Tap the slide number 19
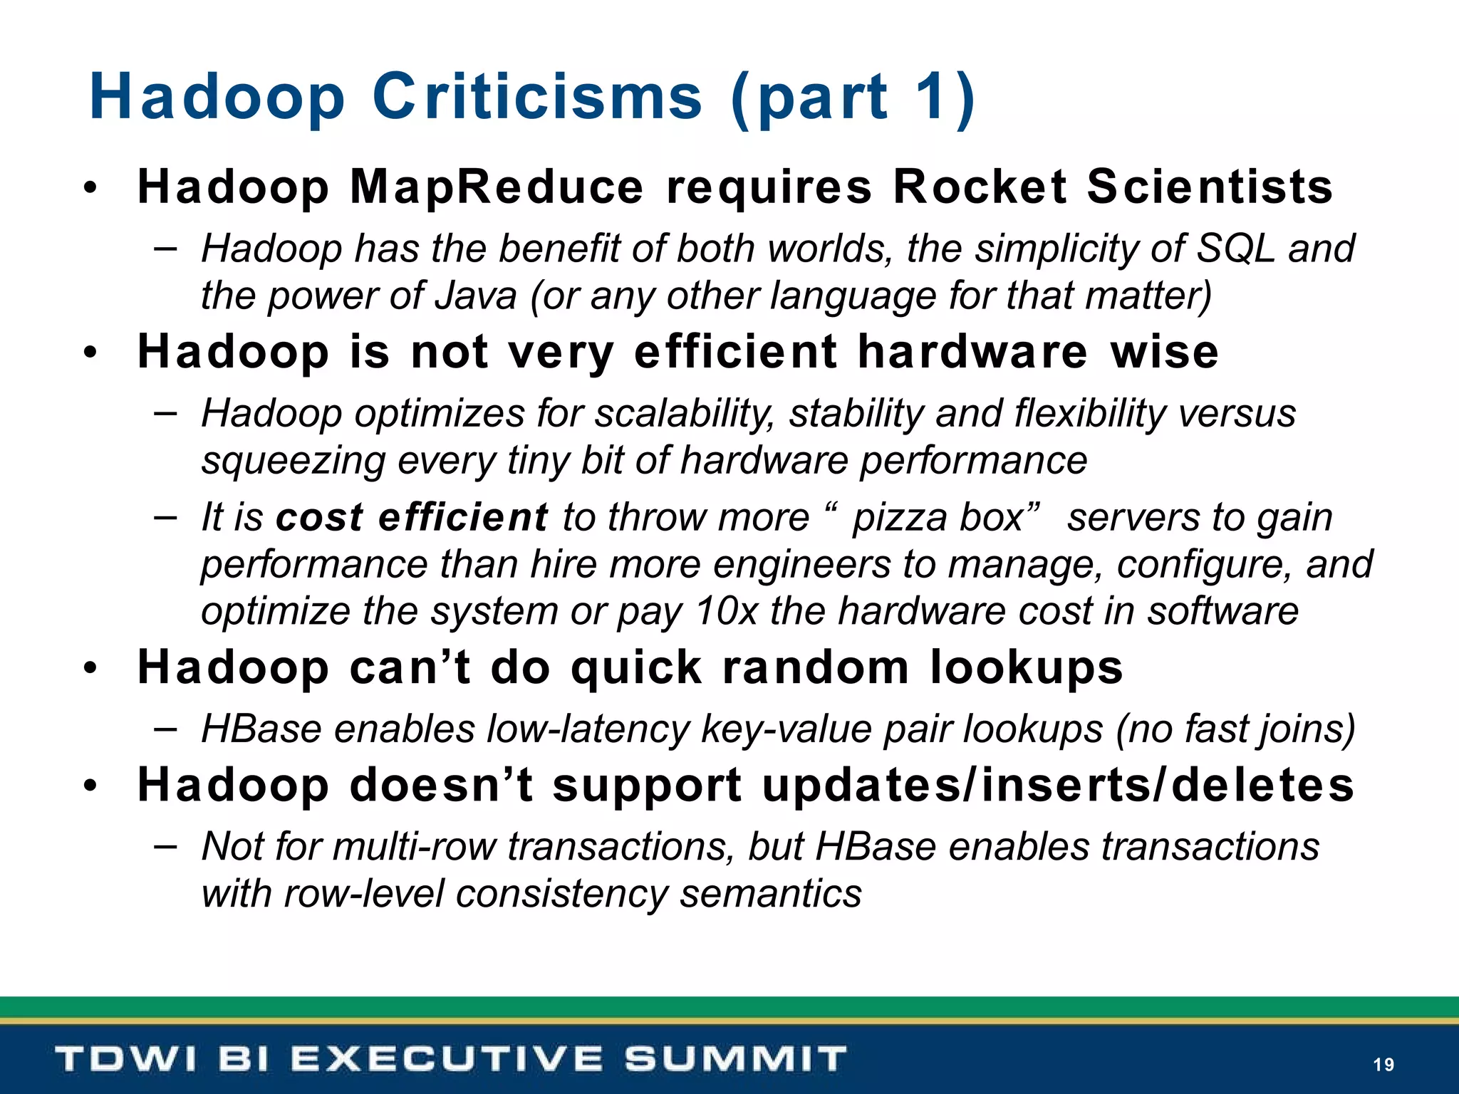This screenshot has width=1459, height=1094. pos(1383,1065)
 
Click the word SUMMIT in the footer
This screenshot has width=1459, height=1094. pos(735,1059)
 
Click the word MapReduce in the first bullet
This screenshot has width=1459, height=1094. pos(497,187)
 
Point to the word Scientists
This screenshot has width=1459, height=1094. pos(1210,187)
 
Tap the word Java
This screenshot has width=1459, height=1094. pos(475,296)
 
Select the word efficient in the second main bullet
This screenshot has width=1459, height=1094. pos(735,352)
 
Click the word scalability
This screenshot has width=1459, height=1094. pos(685,414)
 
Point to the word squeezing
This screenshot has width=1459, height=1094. pos(293,461)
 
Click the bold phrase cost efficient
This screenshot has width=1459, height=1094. pos(412,517)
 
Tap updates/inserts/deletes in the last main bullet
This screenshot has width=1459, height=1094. pos(1057,785)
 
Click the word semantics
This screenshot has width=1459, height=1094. pos(770,894)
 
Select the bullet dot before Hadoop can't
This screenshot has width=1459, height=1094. pos(89,669)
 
